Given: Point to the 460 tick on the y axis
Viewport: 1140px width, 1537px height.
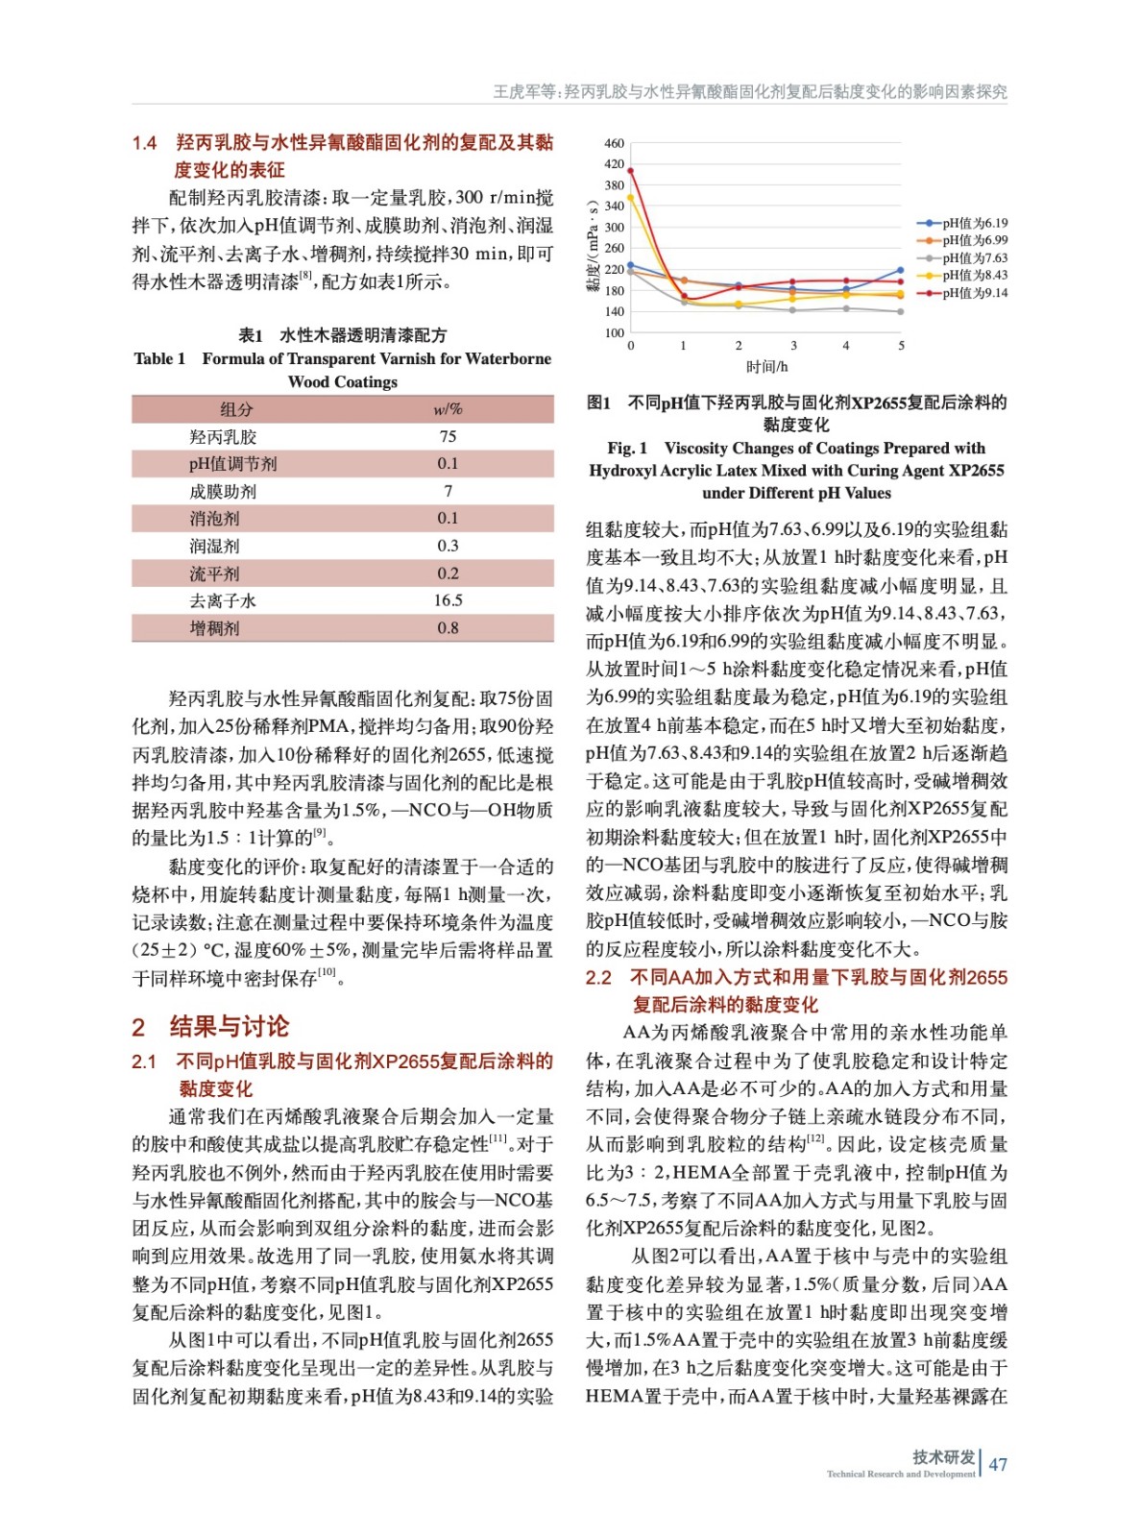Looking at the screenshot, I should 614,143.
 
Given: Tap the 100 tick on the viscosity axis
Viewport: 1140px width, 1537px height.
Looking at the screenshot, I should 614,333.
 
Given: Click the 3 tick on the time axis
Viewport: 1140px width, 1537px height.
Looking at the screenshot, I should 793,346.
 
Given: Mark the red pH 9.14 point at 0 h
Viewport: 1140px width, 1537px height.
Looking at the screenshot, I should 630,171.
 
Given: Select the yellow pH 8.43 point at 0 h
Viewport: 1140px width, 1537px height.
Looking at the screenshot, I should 630,198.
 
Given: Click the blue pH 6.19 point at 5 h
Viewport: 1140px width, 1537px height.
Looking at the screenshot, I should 901,271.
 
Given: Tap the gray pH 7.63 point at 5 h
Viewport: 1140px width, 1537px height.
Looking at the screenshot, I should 901,311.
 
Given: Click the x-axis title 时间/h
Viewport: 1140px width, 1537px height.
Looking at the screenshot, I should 766,367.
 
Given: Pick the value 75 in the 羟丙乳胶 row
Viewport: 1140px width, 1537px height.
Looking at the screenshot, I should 448,436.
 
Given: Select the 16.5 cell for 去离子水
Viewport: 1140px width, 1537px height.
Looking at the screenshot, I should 448,600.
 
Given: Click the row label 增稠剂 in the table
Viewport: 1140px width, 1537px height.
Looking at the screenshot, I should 214,628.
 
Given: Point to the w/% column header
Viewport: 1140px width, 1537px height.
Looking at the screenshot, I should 448,409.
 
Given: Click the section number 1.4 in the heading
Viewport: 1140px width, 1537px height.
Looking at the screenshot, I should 145,143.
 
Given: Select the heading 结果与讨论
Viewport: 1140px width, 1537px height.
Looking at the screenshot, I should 229,1027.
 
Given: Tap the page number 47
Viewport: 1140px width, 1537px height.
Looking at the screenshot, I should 998,1464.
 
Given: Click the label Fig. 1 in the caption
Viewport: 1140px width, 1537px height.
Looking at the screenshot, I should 627,448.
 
